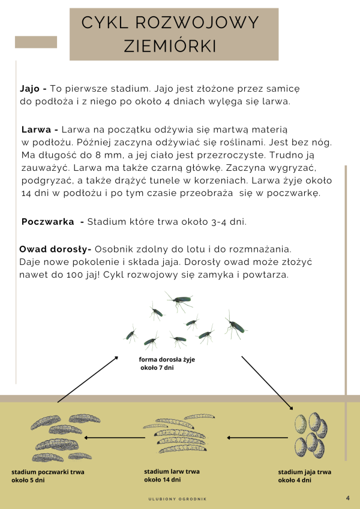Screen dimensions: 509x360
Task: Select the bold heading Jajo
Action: point(33,88)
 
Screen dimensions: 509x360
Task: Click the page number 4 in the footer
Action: point(348,498)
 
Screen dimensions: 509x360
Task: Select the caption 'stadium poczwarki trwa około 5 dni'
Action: point(47,476)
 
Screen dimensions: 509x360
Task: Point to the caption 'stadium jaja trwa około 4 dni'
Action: point(304,476)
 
